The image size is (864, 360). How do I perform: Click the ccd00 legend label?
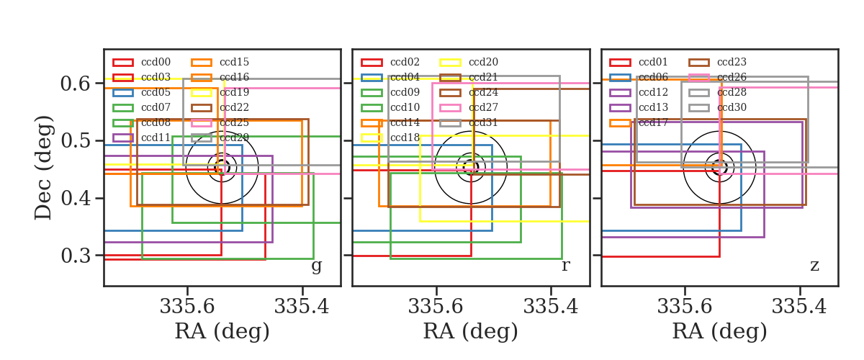tap(156, 62)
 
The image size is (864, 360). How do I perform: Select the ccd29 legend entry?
tap(234, 138)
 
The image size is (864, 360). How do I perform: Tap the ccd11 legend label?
tap(156, 138)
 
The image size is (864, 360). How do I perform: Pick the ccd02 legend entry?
tap(405, 62)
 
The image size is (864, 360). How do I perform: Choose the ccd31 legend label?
tap(483, 122)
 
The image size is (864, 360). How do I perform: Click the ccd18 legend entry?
tap(405, 138)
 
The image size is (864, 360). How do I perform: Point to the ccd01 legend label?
tap(653, 62)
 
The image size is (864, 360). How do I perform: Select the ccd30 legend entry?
tap(732, 107)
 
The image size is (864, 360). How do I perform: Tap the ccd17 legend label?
tap(653, 122)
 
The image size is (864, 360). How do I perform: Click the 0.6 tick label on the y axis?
tap(76, 84)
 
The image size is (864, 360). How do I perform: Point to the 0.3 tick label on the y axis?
tap(76, 256)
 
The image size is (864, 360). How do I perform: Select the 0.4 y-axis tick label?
tap(76, 198)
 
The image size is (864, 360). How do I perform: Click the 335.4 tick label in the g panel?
tap(302, 307)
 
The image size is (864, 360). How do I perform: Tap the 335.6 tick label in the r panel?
tap(436, 307)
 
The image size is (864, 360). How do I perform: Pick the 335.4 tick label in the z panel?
tap(799, 307)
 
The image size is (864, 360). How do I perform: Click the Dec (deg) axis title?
tap(42, 168)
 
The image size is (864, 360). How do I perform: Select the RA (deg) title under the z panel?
tap(719, 331)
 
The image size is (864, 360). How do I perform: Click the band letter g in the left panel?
tap(316, 266)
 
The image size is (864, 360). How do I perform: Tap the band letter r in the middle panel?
tap(565, 266)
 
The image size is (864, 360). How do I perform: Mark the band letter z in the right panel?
tap(814, 266)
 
